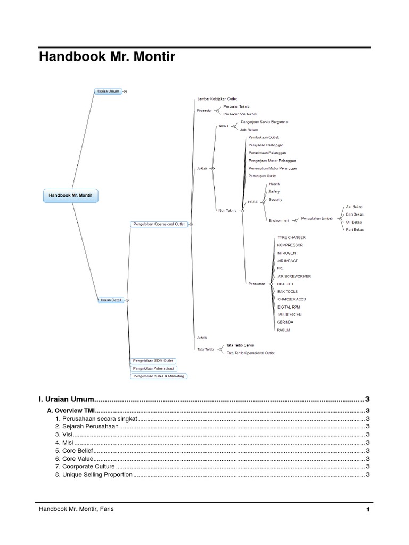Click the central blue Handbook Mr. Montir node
[70, 196]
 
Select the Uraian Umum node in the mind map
[108, 92]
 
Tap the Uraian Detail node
[111, 300]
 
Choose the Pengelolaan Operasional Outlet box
[159, 224]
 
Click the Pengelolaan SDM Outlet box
[153, 361]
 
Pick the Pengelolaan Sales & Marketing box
[159, 376]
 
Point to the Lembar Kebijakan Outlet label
[217, 99]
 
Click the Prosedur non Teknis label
[240, 114]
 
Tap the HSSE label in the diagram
[252, 202]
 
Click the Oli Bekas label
[354, 222]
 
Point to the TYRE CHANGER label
[291, 237]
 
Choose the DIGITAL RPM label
[289, 307]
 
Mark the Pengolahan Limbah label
[317, 218]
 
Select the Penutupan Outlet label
[263, 176]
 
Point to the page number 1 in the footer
[367, 510]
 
